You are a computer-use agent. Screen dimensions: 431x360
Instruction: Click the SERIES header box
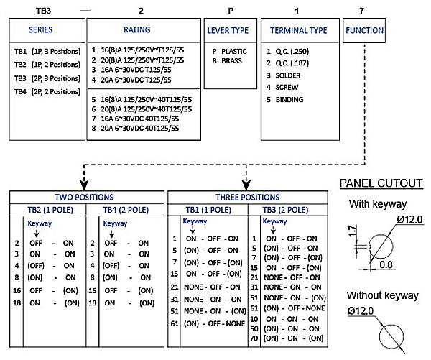pos(47,30)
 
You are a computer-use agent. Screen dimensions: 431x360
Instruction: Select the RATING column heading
pos(137,29)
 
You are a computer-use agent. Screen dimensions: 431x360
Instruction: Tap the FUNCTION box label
pos(364,30)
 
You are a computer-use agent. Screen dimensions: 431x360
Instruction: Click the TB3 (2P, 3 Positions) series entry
pos(47,78)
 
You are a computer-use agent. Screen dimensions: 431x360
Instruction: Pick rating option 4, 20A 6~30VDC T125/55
pos(131,80)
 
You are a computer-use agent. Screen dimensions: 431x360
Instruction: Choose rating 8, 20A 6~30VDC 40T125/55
pos(135,128)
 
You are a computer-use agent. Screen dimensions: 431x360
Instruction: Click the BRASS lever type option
pos(227,61)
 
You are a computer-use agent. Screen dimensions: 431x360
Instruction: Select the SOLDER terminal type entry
pos(284,75)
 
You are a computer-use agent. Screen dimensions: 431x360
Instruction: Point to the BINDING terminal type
pos(284,100)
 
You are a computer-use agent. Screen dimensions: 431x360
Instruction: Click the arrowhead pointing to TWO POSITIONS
pos(84,185)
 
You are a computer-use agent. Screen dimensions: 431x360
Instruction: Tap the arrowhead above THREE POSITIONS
pos(246,185)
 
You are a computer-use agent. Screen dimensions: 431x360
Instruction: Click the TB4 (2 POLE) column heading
pos(126,210)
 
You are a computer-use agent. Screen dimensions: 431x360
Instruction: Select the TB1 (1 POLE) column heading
pos(208,210)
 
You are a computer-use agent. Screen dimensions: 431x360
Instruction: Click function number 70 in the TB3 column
pos(254,338)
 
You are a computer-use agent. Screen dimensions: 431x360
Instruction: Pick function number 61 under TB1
pos(175,323)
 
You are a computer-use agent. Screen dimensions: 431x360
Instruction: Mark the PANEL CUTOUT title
pos(381,183)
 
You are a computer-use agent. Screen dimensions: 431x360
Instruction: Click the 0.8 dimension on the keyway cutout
pos(386,264)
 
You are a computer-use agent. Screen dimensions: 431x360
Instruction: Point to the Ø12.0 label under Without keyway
pos(361,310)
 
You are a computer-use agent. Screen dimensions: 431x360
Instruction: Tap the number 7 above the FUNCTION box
pos(362,11)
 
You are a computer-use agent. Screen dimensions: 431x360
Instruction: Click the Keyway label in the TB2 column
pos(40,223)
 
